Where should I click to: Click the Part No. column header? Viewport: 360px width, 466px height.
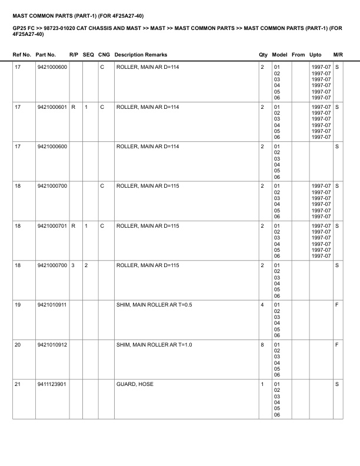click(45, 55)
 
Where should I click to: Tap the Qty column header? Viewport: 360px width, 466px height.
click(263, 55)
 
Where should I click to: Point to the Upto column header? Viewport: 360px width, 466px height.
click(315, 55)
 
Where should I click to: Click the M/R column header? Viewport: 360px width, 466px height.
click(338, 55)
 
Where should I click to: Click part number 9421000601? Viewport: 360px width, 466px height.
click(52, 107)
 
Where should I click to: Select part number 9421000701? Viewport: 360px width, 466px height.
click(52, 225)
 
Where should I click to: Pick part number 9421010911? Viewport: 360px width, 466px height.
click(52, 305)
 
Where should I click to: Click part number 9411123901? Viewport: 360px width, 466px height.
click(52, 384)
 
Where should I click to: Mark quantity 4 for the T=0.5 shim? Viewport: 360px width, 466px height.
click(262, 305)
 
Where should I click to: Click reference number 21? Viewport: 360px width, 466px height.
click(18, 384)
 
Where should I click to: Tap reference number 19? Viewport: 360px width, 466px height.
click(18, 305)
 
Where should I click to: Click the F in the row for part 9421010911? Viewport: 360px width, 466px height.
click(337, 305)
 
